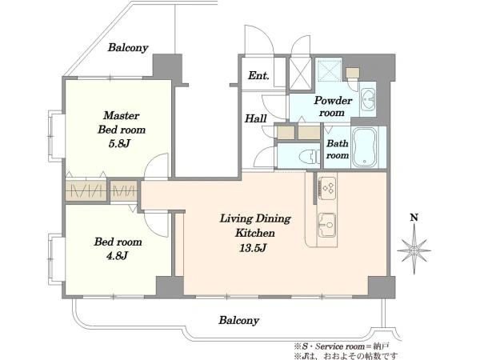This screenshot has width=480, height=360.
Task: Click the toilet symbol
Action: [x=310, y=158]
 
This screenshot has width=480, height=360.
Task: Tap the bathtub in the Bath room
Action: [x=364, y=148]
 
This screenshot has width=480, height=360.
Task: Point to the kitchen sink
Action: [x=326, y=225]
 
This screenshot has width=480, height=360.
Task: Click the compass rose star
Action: [x=414, y=250]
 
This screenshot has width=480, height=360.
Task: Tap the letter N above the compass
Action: [x=414, y=218]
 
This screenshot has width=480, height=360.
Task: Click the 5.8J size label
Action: [x=120, y=143]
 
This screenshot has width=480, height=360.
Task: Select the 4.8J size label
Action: [x=117, y=255]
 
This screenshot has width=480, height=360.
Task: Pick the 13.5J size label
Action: [x=253, y=247]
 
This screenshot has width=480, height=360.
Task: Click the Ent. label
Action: [x=258, y=75]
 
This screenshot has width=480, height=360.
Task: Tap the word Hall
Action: [x=256, y=118]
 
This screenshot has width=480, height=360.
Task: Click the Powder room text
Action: [x=333, y=106]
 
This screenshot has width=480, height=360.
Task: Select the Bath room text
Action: [x=338, y=149]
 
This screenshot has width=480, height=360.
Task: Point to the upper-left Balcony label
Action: [x=128, y=48]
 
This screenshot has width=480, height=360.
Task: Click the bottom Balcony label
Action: [x=238, y=321]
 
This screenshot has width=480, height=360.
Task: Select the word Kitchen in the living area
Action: [x=255, y=233]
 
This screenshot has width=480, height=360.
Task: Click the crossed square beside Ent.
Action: [x=301, y=74]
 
